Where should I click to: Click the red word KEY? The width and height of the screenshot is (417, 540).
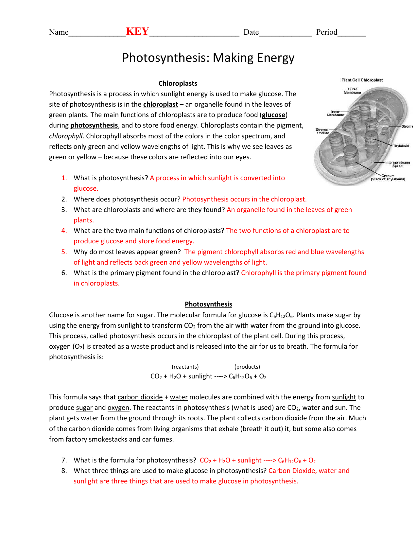(137, 31)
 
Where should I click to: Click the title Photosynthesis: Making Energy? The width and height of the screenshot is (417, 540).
(208, 58)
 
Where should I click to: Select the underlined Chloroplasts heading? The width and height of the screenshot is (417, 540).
(178, 83)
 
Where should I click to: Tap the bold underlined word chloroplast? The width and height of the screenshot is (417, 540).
(160, 104)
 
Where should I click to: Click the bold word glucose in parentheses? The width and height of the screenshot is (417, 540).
(273, 115)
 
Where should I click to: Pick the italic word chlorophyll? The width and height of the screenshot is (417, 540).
(65, 136)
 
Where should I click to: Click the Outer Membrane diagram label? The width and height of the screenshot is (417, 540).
(352, 91)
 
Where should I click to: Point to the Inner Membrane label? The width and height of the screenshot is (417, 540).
(336, 113)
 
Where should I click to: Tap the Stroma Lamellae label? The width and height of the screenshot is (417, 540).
(322, 131)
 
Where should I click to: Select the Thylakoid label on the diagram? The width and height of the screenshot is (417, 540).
(401, 146)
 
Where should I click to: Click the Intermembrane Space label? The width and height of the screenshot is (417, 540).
(397, 164)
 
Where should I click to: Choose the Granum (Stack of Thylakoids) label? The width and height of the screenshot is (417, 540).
(388, 177)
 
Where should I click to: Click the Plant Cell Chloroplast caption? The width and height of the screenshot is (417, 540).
(362, 80)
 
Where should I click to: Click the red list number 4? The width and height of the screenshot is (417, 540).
(64, 231)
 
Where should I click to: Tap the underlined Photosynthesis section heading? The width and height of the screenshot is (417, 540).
(208, 304)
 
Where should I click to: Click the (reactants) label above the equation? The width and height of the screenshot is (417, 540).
(185, 367)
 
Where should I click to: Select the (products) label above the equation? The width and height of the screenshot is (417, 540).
(247, 367)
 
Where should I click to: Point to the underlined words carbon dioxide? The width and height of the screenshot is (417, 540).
(140, 397)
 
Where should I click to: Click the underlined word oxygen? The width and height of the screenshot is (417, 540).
(118, 408)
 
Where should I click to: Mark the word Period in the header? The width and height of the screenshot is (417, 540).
(326, 32)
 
